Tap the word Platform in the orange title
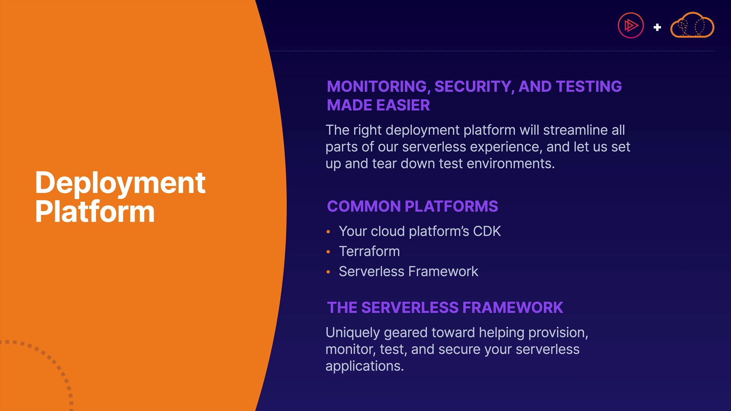[x=95, y=211]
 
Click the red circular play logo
[x=630, y=25]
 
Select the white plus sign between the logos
[x=657, y=27]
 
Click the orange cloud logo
[x=692, y=25]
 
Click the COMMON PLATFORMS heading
[x=412, y=206]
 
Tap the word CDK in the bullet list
[x=487, y=231]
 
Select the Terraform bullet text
[x=369, y=251]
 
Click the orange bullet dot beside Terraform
[x=328, y=252]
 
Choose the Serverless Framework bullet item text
[x=409, y=271]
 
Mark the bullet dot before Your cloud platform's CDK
[x=328, y=232]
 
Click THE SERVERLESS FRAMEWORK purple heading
[x=445, y=307]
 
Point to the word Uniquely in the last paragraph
[x=353, y=333]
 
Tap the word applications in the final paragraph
[x=365, y=366]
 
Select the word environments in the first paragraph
[x=511, y=164]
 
